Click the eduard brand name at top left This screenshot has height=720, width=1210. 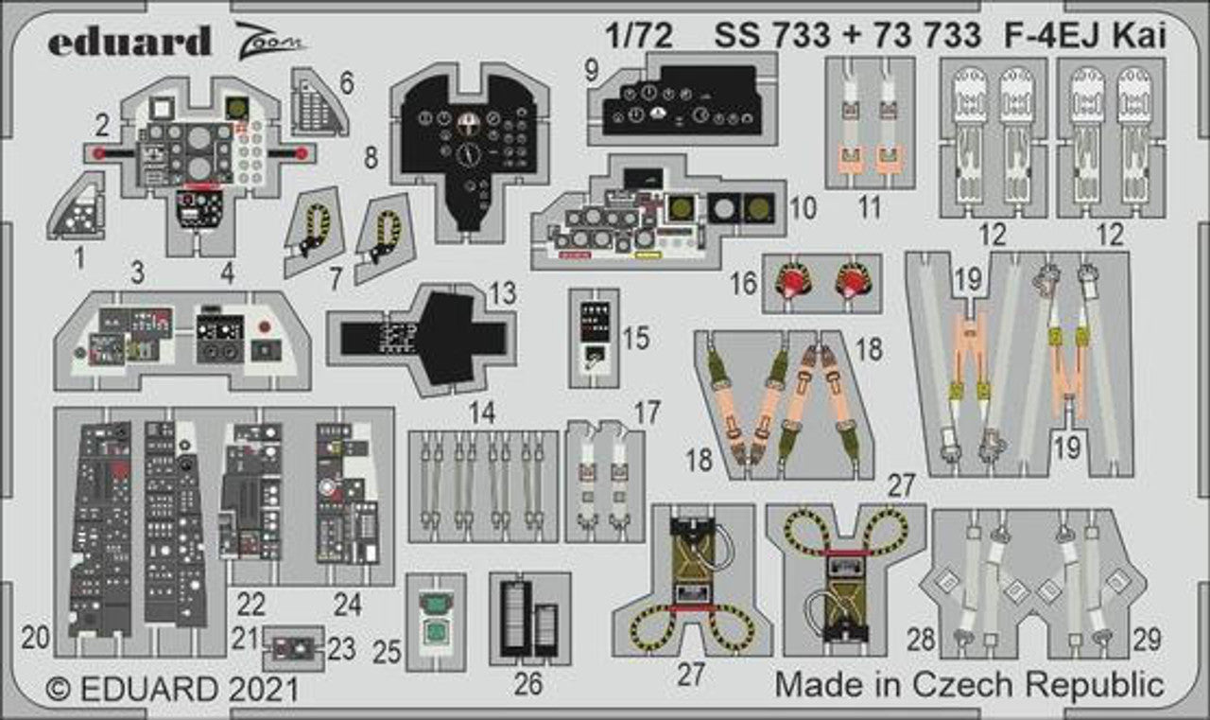pyautogui.click(x=130, y=42)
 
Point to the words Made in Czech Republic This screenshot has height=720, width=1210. pyautogui.click(x=969, y=684)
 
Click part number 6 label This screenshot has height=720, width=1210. pyautogui.click(x=346, y=83)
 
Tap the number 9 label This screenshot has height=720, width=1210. pyautogui.click(x=592, y=71)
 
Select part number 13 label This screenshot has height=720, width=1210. pyautogui.click(x=504, y=294)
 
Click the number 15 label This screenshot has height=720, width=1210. pyautogui.click(x=637, y=338)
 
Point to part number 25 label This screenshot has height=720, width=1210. pyautogui.click(x=388, y=651)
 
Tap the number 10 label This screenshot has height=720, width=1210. pyautogui.click(x=803, y=208)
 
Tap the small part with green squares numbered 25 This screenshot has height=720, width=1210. pyautogui.click(x=436, y=616)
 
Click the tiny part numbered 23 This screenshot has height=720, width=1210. pyautogui.click(x=293, y=648)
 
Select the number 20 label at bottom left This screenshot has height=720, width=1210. pyautogui.click(x=35, y=639)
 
